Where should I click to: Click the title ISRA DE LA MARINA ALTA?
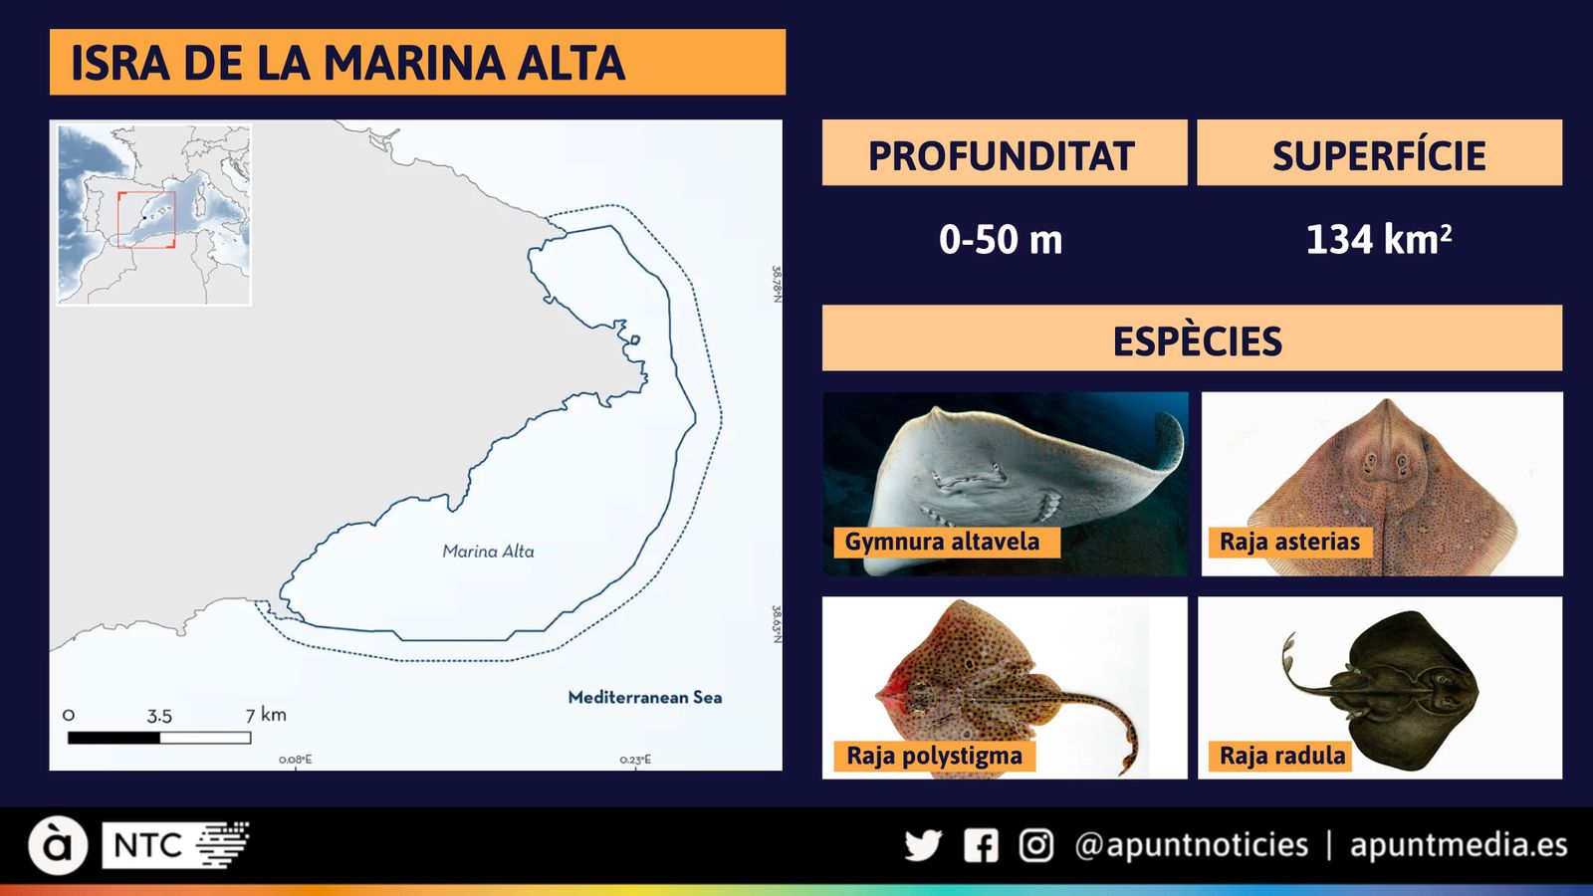(347, 63)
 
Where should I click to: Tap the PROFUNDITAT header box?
(1004, 154)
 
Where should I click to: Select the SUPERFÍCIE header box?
(1379, 154)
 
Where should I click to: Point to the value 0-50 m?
(1001, 240)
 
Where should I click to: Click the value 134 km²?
(1378, 240)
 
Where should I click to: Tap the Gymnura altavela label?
(943, 542)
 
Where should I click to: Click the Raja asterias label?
(1289, 542)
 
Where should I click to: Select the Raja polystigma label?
(934, 756)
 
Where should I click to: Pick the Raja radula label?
(1282, 756)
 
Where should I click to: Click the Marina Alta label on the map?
(488, 551)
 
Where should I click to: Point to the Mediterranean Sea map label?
(645, 697)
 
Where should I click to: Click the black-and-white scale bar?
(159, 738)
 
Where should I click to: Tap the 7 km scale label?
(266, 714)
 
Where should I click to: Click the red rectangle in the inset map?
(146, 220)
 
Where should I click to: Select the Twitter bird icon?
(923, 845)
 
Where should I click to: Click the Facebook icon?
(981, 845)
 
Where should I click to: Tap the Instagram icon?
(1035, 845)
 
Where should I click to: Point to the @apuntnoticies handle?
(1191, 845)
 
